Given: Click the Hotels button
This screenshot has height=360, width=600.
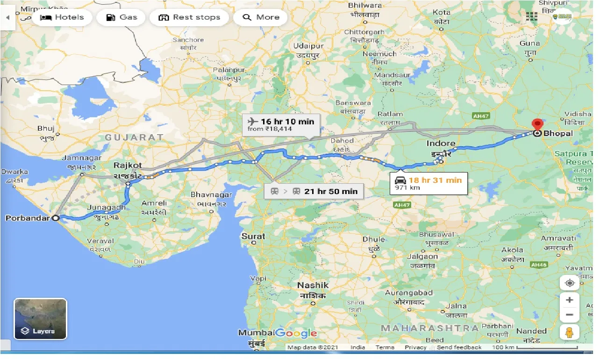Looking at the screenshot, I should coord(62,17).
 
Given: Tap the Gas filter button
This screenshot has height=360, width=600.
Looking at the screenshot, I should coord(121,17).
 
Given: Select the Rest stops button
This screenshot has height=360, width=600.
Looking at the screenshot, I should coord(189,17).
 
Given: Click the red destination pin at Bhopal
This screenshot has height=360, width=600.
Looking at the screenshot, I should coord(537,125).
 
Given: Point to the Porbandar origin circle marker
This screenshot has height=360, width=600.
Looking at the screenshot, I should coord(56,218).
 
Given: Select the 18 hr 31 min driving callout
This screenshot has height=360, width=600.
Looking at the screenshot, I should coord(429,183).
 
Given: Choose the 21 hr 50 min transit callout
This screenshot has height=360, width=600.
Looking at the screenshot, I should coord(313,191).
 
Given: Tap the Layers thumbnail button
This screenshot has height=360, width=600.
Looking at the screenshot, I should coord(40,319).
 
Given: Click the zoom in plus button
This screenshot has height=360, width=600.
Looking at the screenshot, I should coord(569,300).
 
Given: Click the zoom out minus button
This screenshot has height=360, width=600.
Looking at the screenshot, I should coord(569,315).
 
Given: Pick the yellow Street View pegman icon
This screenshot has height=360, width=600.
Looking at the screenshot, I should coord(569,332).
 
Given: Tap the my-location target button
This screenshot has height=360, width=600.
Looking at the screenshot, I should coord(569,283).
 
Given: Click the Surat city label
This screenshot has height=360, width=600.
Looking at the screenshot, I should coord(253,236).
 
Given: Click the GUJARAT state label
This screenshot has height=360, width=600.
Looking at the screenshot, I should coord(134,137).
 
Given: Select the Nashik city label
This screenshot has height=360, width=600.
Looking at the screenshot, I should coord(313,285).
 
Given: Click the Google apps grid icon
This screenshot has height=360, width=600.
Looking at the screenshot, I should coord(532,16).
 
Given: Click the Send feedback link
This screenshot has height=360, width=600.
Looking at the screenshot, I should coord(459,347).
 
